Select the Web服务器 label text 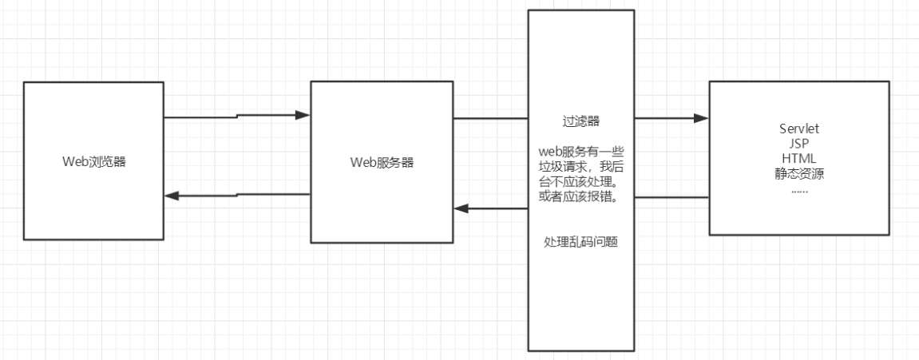[382, 162]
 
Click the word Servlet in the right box [799, 129]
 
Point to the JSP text [799, 143]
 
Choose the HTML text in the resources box [799, 156]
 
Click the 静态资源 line [799, 171]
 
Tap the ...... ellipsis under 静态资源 [799, 189]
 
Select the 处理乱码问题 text [580, 241]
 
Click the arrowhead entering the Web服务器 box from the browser [303, 116]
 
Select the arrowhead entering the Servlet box [702, 118]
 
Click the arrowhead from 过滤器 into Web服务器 [461, 209]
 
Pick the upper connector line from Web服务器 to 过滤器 [490, 119]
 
